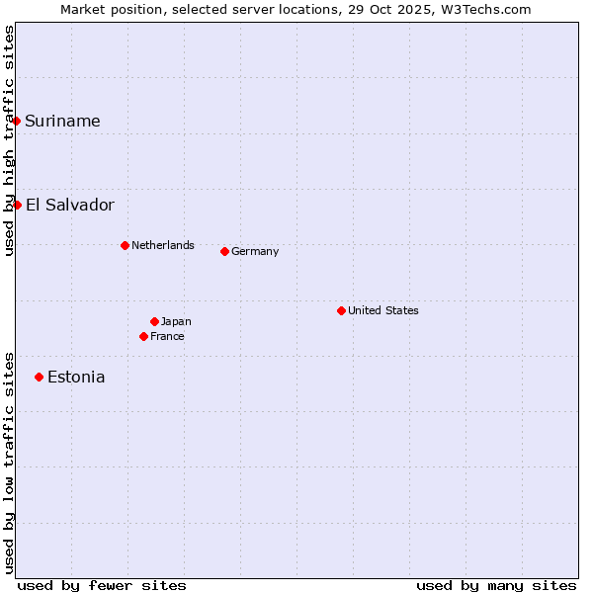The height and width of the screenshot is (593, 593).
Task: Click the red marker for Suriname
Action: click(x=17, y=121)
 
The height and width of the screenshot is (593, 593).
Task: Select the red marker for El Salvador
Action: click(x=18, y=205)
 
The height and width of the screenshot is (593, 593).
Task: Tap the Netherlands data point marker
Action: click(x=125, y=245)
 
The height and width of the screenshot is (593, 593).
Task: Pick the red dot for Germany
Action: click(x=224, y=251)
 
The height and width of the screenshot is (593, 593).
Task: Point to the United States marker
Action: click(x=341, y=310)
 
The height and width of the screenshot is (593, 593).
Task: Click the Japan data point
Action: click(x=154, y=321)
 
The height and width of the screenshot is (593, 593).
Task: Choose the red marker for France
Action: click(x=144, y=336)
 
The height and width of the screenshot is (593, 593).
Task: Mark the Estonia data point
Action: click(x=39, y=377)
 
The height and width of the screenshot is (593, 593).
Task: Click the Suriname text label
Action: click(x=62, y=121)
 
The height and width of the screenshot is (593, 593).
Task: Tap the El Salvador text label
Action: click(x=70, y=205)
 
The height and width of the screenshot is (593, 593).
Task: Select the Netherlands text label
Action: click(x=163, y=245)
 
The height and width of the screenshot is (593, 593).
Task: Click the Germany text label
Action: click(x=255, y=251)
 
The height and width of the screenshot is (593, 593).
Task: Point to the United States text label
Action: click(x=383, y=310)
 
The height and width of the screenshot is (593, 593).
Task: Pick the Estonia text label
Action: click(x=76, y=377)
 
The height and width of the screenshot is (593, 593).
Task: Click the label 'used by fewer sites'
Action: click(x=102, y=585)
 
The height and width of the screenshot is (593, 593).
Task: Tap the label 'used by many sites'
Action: click(x=496, y=585)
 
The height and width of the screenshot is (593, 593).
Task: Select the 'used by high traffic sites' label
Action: click(x=9, y=140)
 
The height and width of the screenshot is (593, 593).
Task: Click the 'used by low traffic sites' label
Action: click(x=9, y=462)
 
